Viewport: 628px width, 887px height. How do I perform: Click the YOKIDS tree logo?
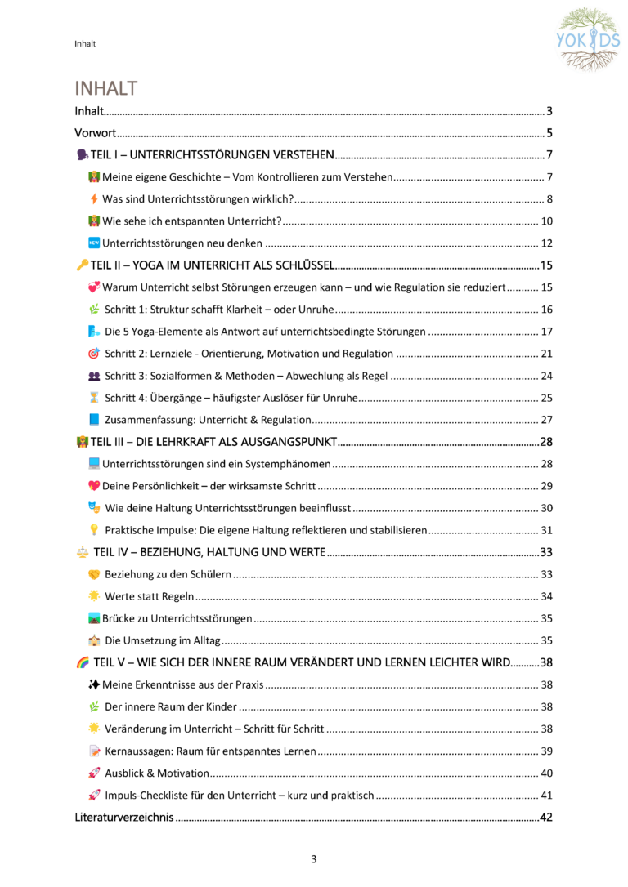589,39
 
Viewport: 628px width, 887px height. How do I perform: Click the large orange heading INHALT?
106,87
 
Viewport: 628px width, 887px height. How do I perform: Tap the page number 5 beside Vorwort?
550,133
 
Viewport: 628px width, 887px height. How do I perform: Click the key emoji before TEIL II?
82,265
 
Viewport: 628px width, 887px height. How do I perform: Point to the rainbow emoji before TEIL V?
82,662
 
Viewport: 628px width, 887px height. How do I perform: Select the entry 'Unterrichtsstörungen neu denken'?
182,243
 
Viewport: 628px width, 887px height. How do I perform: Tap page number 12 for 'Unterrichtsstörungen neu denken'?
547,243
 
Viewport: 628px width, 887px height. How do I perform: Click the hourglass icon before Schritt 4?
94,398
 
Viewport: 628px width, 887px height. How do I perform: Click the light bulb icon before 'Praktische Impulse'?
94,530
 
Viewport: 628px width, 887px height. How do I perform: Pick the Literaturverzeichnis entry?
123,817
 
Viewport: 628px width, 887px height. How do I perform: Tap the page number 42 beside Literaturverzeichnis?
547,817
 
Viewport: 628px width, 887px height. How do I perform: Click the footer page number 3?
313,858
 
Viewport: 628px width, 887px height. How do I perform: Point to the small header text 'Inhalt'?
84,43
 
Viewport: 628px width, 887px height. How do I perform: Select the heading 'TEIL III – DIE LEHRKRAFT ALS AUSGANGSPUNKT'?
213,442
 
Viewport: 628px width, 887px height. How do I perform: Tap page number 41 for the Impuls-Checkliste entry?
547,795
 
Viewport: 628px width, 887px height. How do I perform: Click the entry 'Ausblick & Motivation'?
157,773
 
